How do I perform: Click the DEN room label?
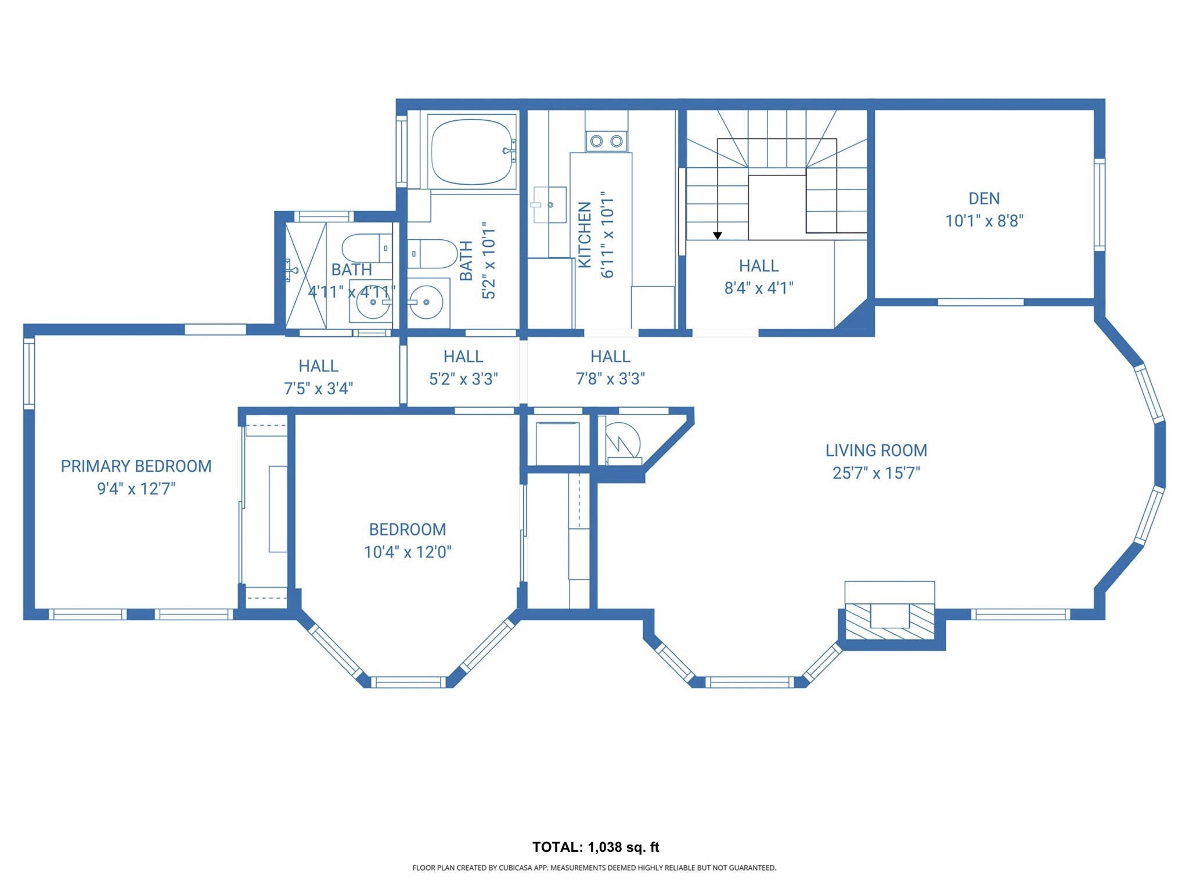tap(983, 199)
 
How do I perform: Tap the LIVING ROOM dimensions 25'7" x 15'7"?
tap(876, 473)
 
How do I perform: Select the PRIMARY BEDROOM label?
tap(136, 466)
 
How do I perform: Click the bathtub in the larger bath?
tap(471, 151)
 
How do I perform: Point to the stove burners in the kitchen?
tap(606, 141)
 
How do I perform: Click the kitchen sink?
tap(549, 204)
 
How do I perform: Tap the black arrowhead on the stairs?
tap(718, 236)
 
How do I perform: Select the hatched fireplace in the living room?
tap(889, 621)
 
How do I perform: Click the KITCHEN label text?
tap(585, 235)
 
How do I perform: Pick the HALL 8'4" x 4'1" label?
tap(759, 277)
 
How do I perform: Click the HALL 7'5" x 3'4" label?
tap(318, 377)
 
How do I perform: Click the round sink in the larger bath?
tap(426, 302)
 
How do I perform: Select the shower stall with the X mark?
tap(305, 275)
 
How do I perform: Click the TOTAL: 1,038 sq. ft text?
tap(596, 847)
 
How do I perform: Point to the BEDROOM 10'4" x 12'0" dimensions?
tap(408, 552)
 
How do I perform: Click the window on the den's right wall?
tap(1099, 204)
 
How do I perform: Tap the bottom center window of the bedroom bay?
tap(408, 682)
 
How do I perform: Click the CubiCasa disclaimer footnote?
tap(594, 868)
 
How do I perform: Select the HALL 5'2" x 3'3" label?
tap(463, 368)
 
